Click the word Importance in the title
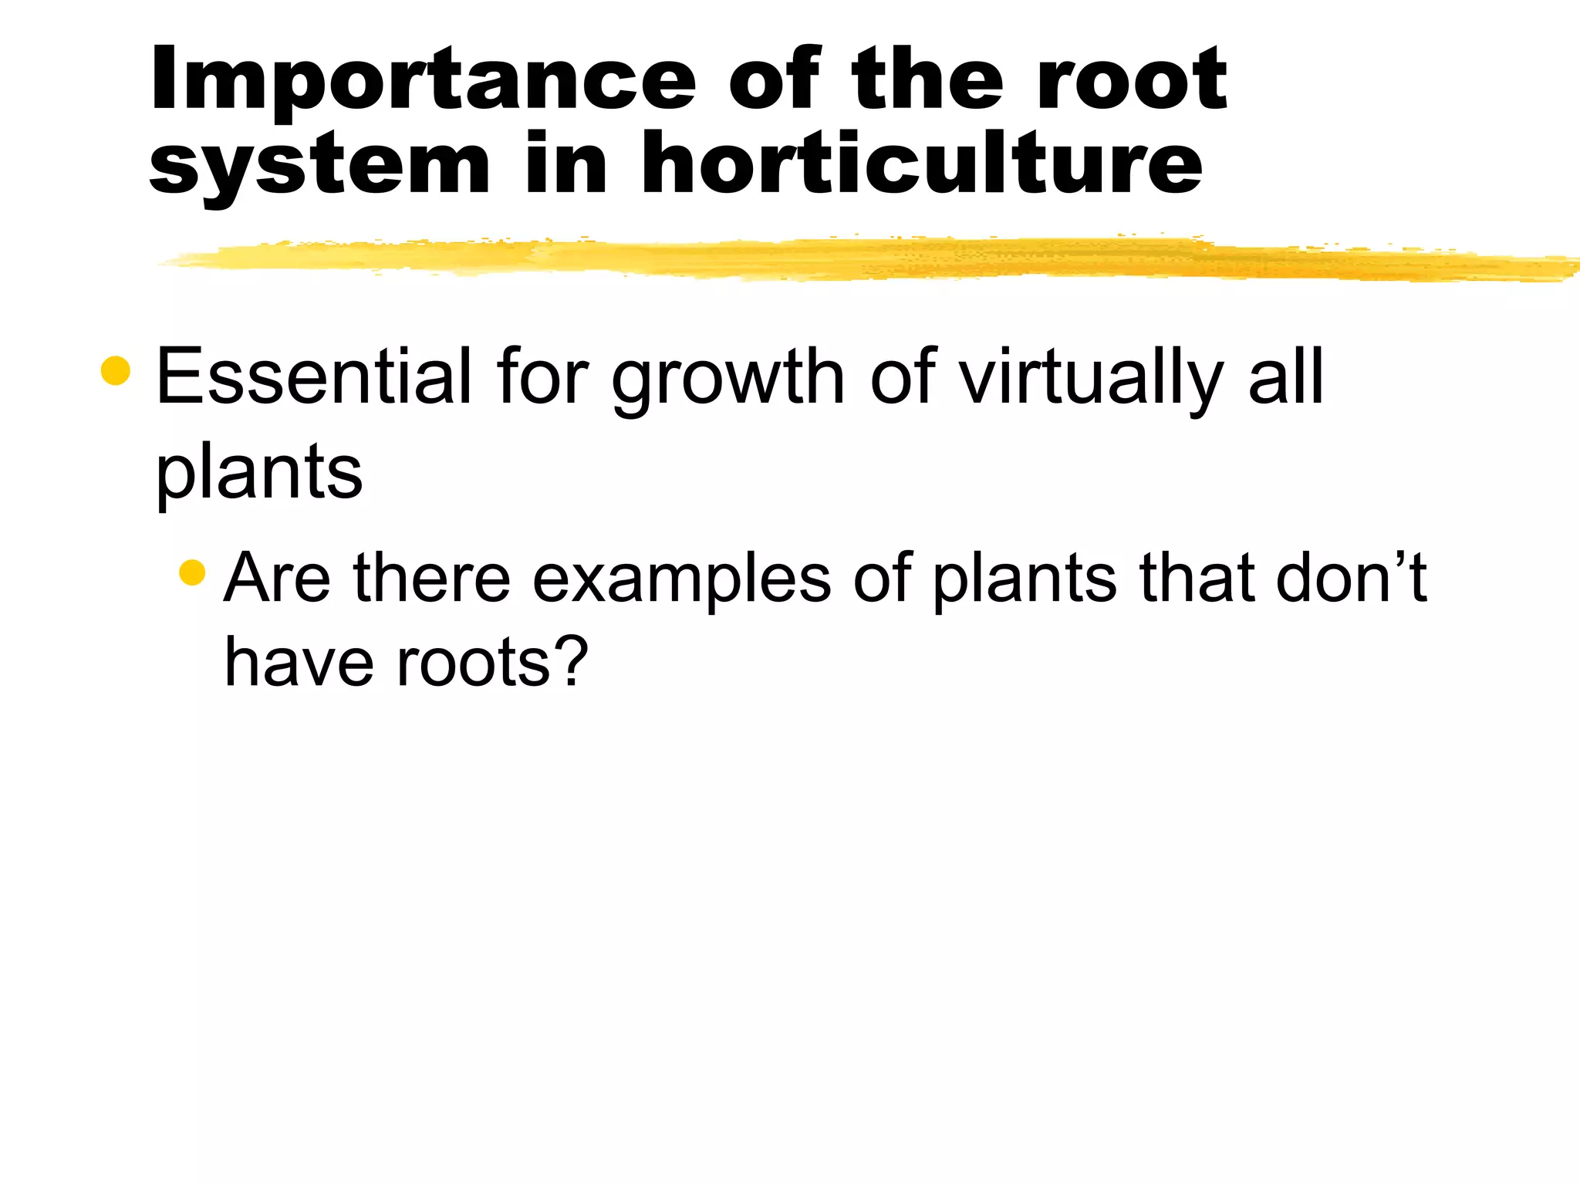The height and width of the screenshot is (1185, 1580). pyautogui.click(x=424, y=81)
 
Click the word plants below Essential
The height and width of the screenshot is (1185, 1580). pyautogui.click(x=259, y=472)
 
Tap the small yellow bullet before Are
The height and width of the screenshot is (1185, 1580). pyautogui.click(x=192, y=572)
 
